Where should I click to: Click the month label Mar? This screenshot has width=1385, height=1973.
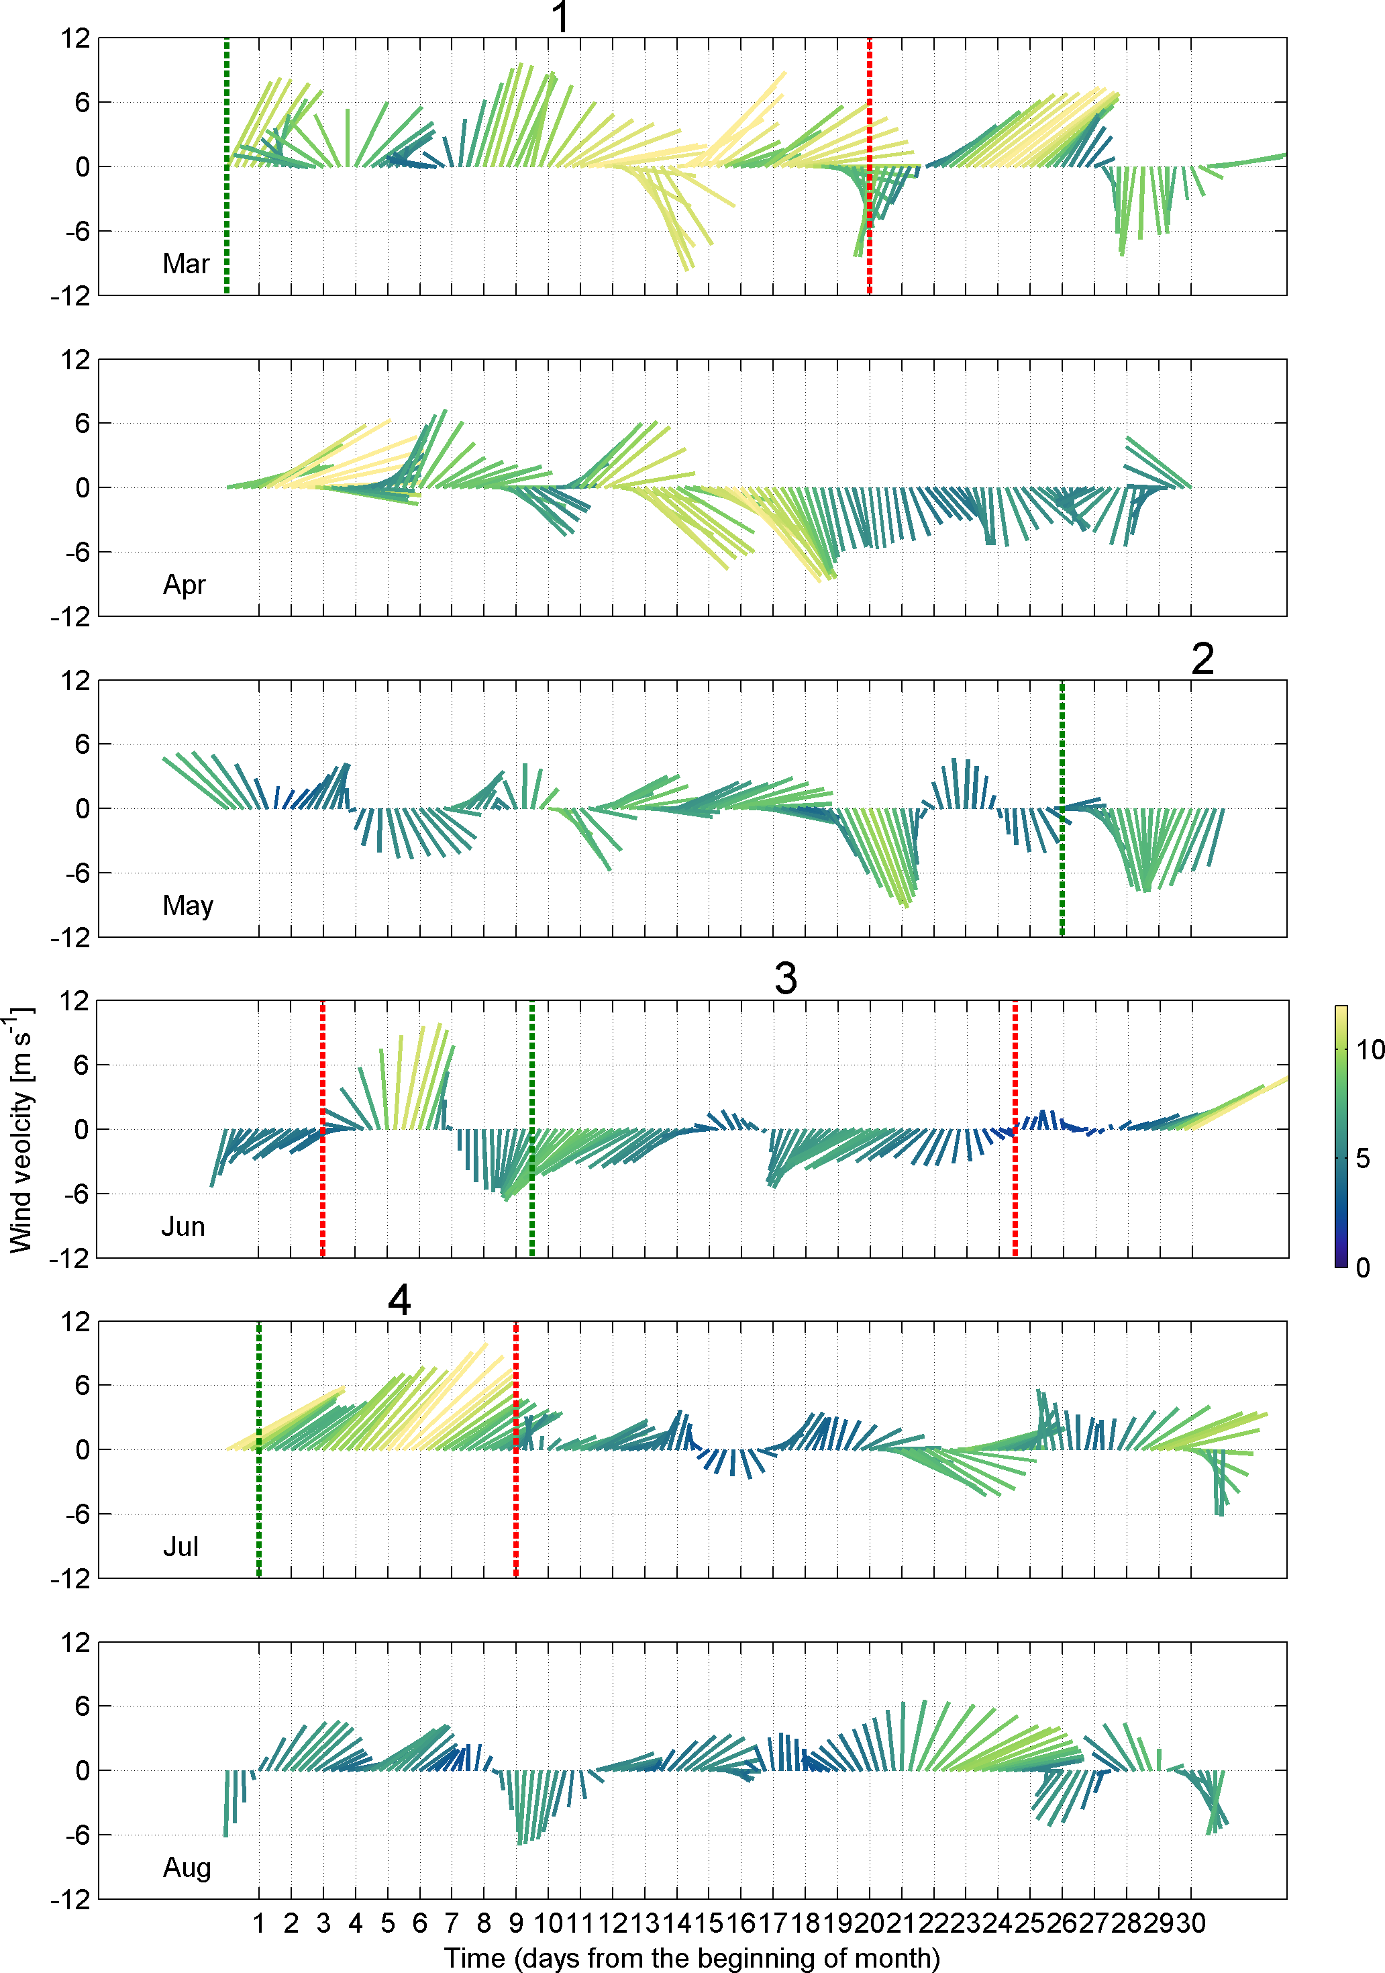186,264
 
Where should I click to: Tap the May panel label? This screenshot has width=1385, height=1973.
187,905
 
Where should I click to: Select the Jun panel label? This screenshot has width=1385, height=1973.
183,1226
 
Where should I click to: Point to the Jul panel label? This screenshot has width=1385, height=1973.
181,1547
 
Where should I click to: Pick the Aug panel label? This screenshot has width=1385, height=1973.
187,1868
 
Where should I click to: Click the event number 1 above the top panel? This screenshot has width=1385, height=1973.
560,17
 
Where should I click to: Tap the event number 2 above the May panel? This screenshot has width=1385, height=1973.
1202,659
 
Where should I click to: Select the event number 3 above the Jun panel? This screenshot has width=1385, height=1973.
785,979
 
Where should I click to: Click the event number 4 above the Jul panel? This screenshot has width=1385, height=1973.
399,1300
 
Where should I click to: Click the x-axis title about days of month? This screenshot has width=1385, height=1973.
692,1958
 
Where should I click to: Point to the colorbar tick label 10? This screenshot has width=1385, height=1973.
1370,1049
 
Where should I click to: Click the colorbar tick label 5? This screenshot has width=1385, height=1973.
1363,1159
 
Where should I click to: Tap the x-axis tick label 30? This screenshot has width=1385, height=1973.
1191,1923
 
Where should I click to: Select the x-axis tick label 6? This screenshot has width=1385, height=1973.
419,1923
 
